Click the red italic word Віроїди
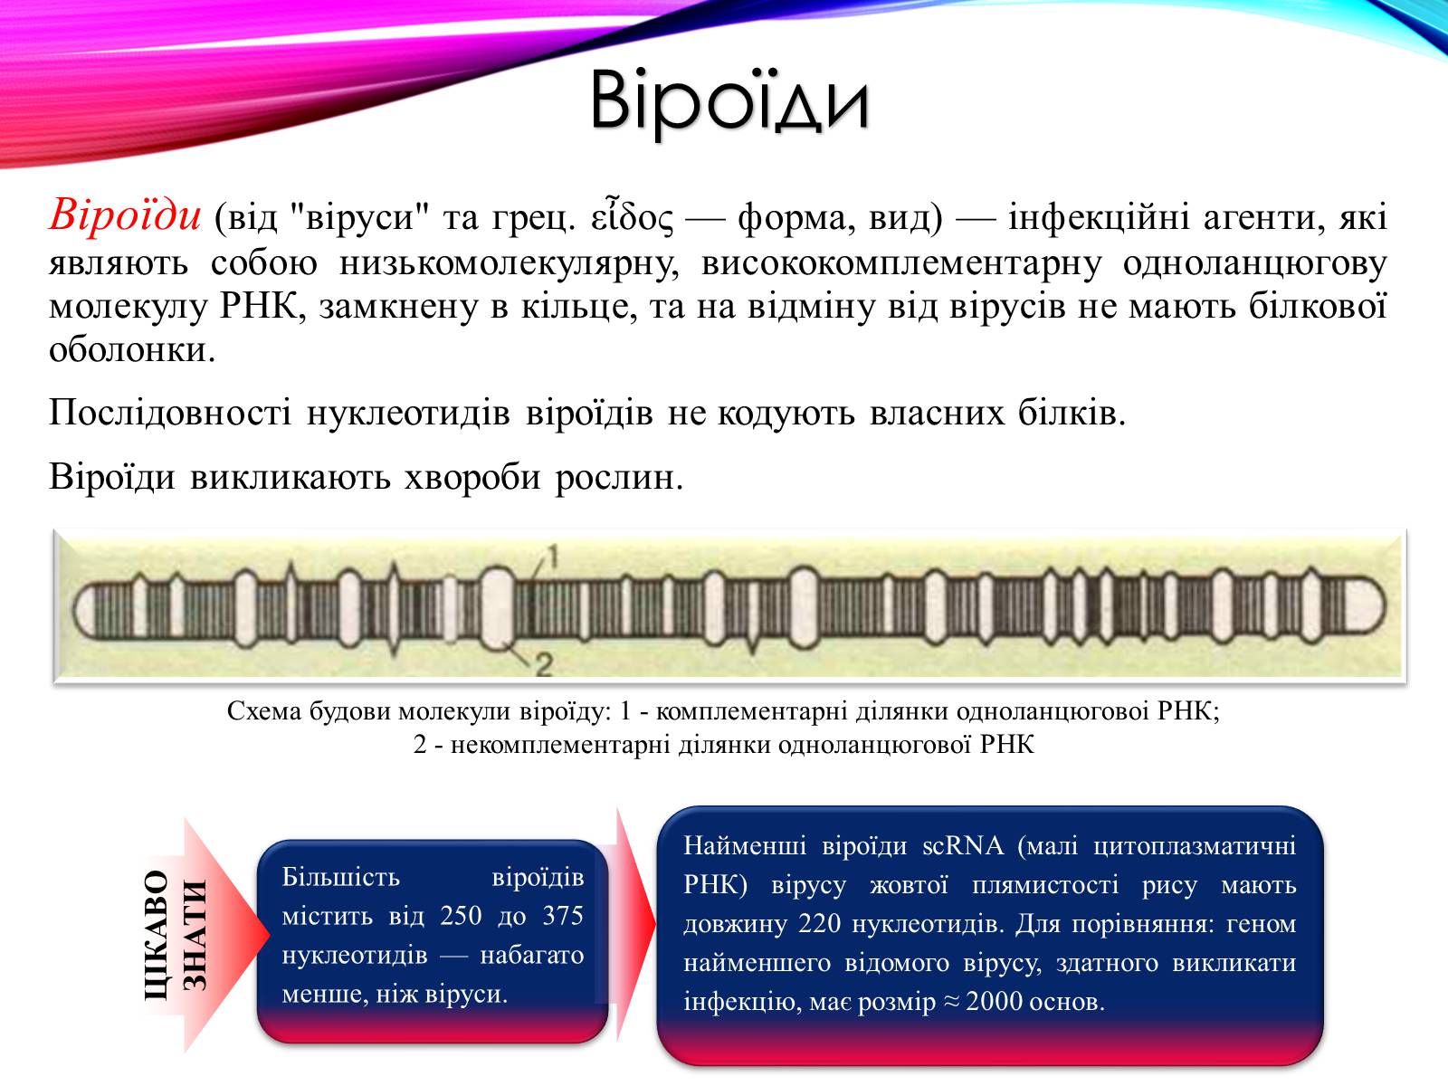coord(125,215)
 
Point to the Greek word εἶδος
coord(633,216)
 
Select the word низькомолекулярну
coord(509,262)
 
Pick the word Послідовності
coord(170,414)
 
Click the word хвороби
coord(472,478)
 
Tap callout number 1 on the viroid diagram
coord(553,557)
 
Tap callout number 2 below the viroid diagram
coord(544,665)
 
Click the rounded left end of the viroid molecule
coord(84,607)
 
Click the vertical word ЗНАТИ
coord(195,935)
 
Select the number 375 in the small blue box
coord(563,915)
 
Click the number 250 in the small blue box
coord(462,915)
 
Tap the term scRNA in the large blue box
coord(963,845)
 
